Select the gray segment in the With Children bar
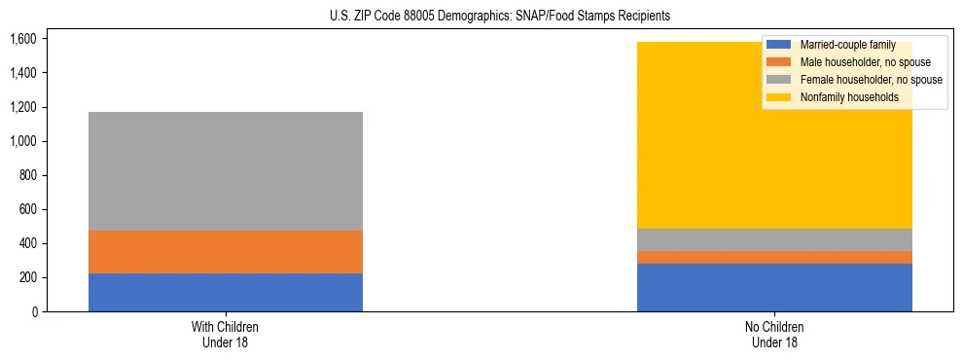click(226, 171)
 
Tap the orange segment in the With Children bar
click(226, 252)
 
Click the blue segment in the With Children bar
click(226, 292)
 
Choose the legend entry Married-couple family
click(853, 45)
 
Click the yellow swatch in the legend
click(780, 97)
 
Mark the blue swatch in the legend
click(780, 45)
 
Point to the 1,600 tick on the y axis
click(22, 39)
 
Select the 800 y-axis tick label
click(26, 175)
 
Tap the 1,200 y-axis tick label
click(22, 107)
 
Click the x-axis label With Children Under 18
click(226, 334)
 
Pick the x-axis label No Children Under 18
click(774, 334)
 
